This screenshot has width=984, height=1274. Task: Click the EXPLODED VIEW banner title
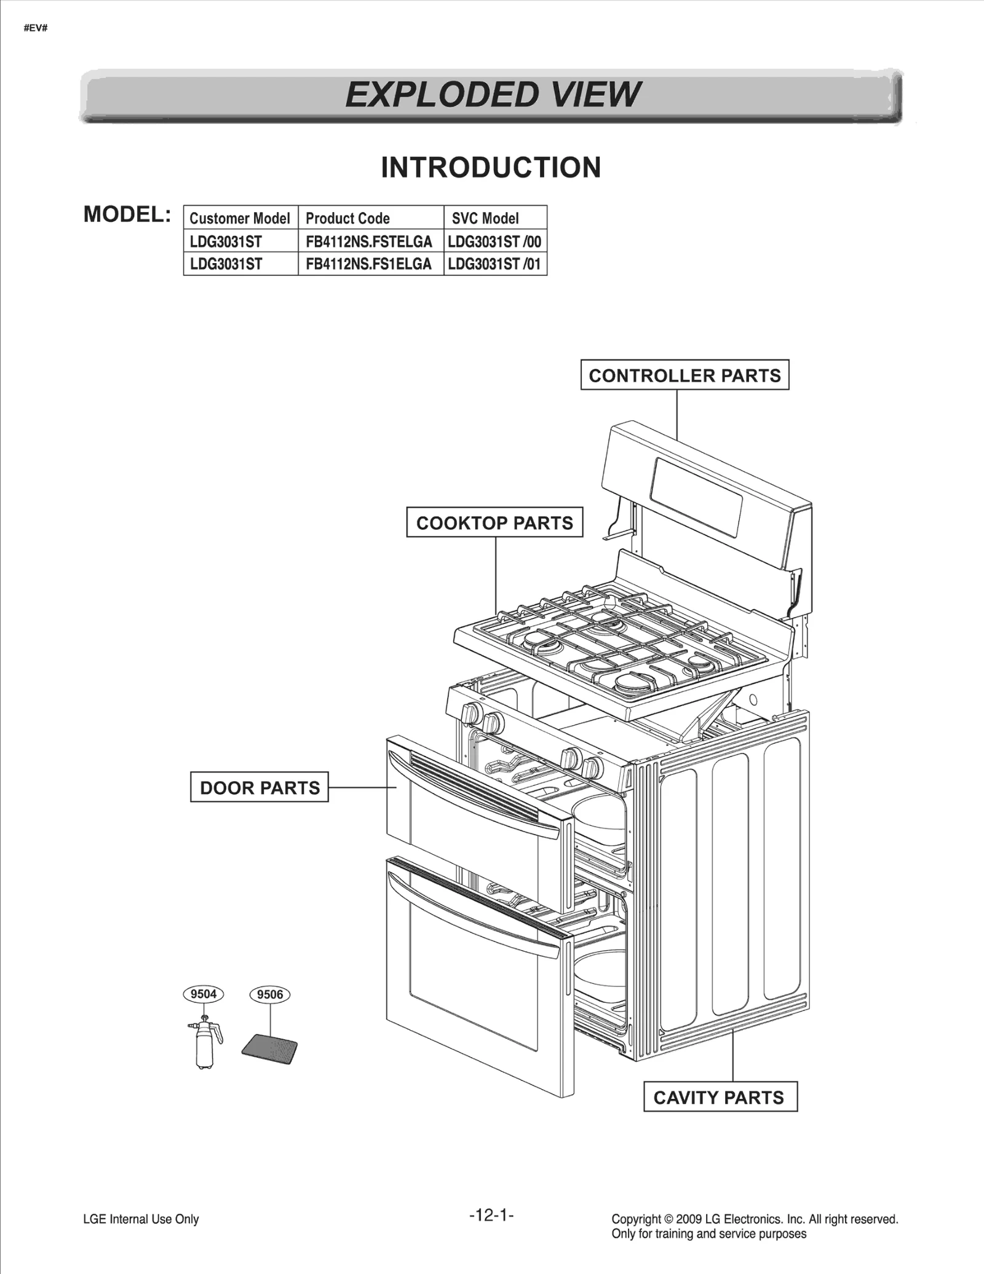point(492,95)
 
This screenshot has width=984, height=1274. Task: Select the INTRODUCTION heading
point(491,168)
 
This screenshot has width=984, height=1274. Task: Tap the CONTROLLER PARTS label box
point(684,375)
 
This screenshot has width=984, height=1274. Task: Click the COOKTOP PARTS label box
point(494,522)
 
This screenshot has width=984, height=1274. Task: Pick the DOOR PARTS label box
point(260,787)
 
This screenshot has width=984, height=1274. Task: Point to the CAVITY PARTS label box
point(720,1097)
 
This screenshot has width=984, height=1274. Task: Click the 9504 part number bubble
point(204,994)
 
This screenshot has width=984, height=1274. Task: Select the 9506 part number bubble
point(270,994)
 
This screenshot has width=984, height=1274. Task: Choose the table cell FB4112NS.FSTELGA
point(369,242)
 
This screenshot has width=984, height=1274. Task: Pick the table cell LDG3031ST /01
point(494,264)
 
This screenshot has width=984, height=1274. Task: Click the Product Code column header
point(348,218)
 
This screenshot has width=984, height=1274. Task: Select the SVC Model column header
point(485,218)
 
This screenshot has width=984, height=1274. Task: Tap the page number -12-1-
point(491,1215)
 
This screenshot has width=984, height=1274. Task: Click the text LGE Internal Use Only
point(141,1219)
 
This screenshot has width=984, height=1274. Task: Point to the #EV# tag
point(36,28)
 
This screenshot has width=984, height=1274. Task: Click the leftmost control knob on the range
point(472,714)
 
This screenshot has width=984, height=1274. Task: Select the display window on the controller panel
point(697,497)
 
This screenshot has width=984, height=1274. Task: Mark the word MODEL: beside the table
point(127,214)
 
